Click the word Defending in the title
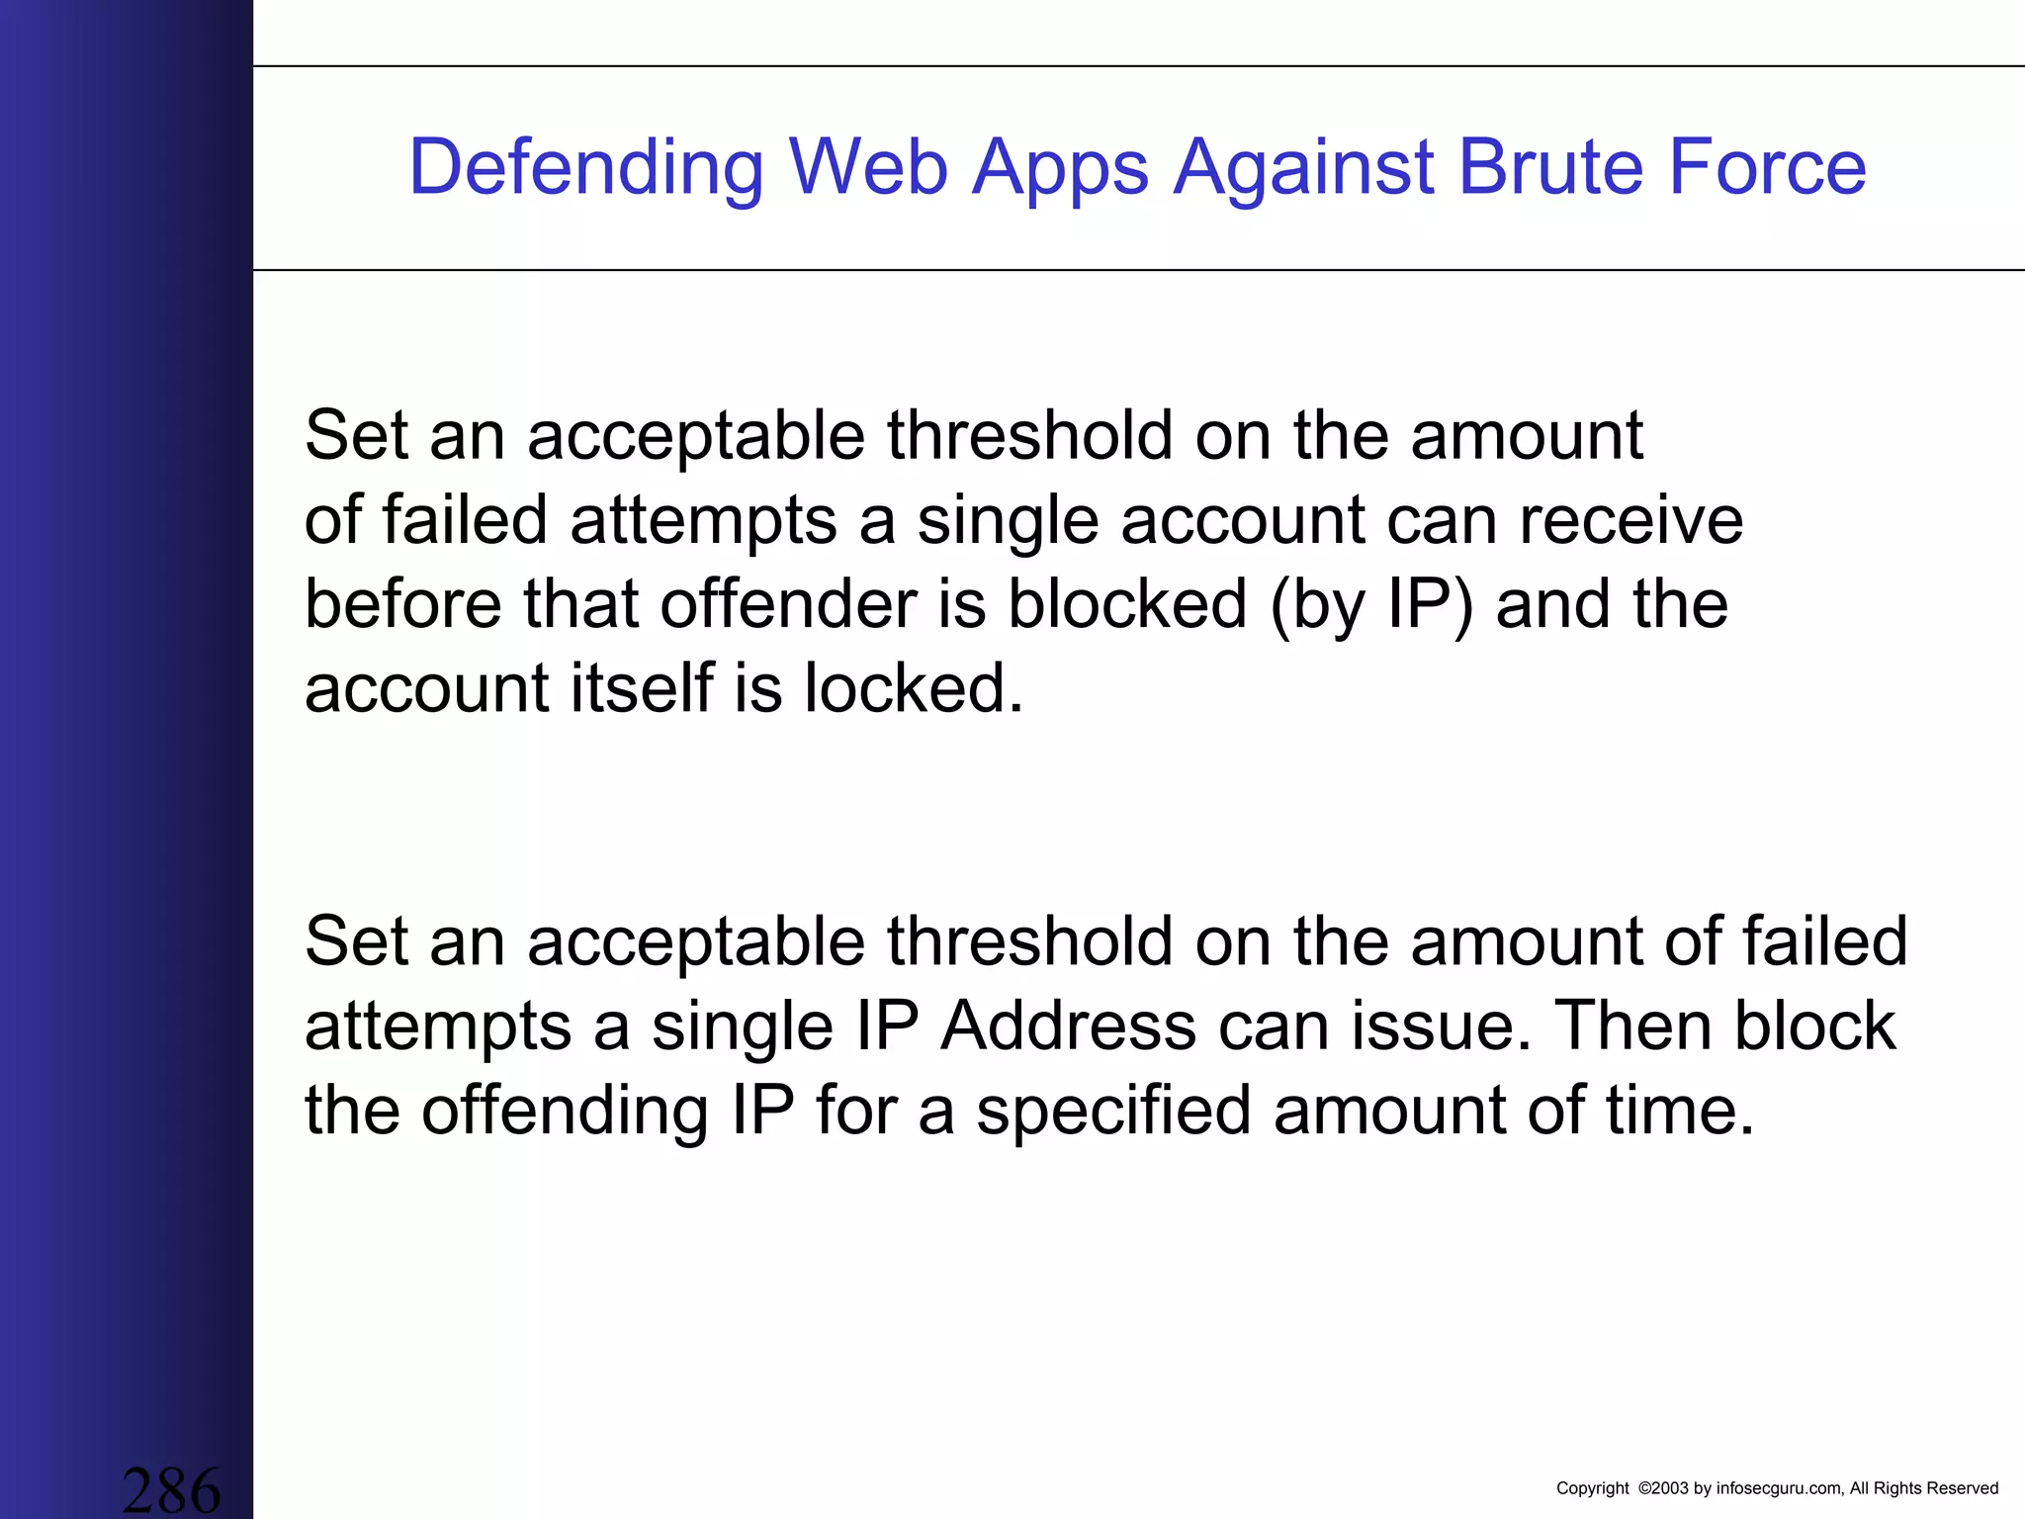tap(586, 168)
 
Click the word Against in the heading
tap(1302, 168)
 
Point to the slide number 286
tap(171, 1489)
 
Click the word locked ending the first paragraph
tap(913, 688)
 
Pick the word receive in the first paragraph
tap(1630, 520)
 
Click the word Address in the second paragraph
tap(1068, 1026)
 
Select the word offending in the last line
tap(566, 1112)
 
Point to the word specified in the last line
tap(1113, 1112)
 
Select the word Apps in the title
tap(1061, 168)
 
